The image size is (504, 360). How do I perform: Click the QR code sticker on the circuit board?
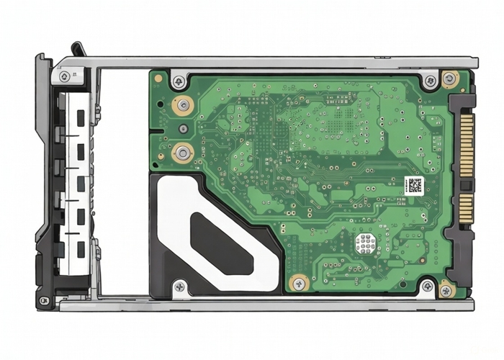click(413, 186)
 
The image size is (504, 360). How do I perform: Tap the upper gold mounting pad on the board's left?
click(183, 105)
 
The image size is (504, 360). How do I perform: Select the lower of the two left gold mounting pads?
click(183, 152)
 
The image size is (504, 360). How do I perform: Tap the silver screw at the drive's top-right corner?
click(431, 81)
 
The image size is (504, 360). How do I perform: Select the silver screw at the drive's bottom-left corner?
click(179, 286)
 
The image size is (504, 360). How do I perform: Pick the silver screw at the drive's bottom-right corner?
click(428, 287)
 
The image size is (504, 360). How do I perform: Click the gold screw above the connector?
click(450, 78)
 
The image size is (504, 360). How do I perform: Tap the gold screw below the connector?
click(446, 290)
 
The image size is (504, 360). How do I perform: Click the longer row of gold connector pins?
click(466, 148)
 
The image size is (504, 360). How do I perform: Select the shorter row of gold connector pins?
click(466, 207)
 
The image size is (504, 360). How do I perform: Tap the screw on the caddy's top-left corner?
click(65, 76)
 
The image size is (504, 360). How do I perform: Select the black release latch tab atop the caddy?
click(78, 50)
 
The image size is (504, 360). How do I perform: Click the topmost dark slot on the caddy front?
click(80, 116)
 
